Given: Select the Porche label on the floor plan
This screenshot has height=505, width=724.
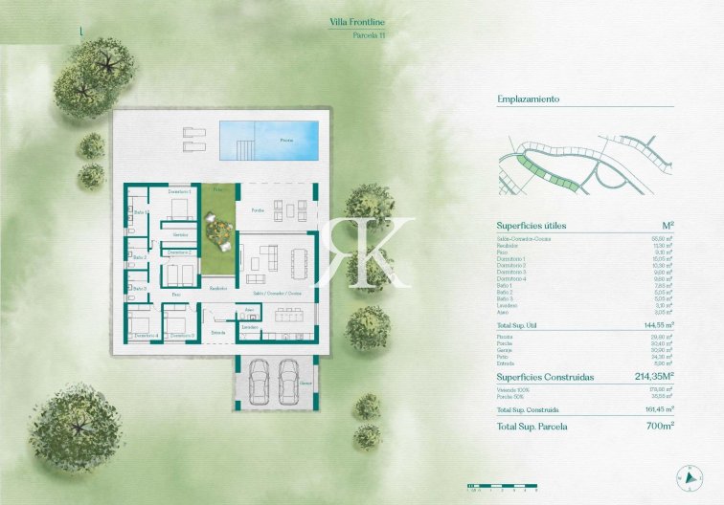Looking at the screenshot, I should [x=258, y=209].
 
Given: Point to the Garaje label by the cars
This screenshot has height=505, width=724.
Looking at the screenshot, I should [x=306, y=382].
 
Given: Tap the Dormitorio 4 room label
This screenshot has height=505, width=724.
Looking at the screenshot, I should [x=147, y=336].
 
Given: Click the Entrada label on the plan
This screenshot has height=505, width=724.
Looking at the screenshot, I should [x=218, y=332].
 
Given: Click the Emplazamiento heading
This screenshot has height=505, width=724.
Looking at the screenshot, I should [x=529, y=99].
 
